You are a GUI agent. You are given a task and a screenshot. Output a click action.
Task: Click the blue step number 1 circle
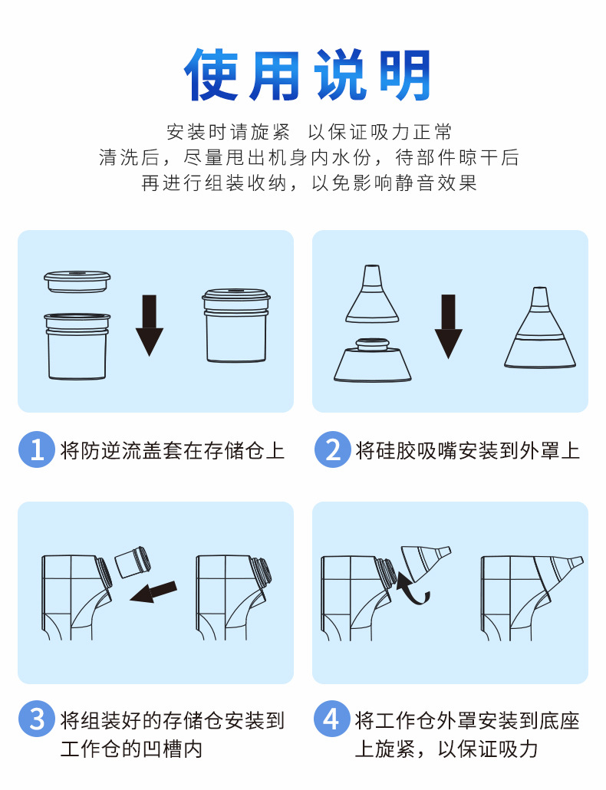click(37, 449)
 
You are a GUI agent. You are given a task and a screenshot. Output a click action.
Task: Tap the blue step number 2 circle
click(332, 449)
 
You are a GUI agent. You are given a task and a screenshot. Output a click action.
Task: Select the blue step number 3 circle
click(37, 719)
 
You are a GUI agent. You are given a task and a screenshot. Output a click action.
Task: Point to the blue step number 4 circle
click(331, 719)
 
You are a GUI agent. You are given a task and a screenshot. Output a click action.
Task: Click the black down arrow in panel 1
click(150, 325)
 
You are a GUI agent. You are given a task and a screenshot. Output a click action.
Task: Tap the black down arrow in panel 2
click(448, 327)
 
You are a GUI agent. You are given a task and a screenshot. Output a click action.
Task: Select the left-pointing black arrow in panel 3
click(153, 592)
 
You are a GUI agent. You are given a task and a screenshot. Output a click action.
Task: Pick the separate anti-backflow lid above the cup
click(77, 281)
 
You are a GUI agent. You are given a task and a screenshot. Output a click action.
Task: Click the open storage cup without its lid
click(77, 346)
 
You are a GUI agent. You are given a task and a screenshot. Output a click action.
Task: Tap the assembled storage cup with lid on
click(236, 325)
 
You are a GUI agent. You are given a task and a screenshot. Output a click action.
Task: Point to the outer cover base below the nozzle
click(372, 360)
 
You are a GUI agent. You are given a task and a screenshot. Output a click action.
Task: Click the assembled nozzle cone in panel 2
click(540, 328)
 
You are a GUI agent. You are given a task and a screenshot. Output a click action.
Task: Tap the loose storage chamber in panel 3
click(133, 561)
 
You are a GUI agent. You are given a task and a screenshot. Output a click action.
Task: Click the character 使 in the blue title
click(210, 74)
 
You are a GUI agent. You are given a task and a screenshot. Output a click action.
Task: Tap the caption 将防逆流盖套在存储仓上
click(173, 450)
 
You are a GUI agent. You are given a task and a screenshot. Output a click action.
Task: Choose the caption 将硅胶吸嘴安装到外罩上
click(468, 450)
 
